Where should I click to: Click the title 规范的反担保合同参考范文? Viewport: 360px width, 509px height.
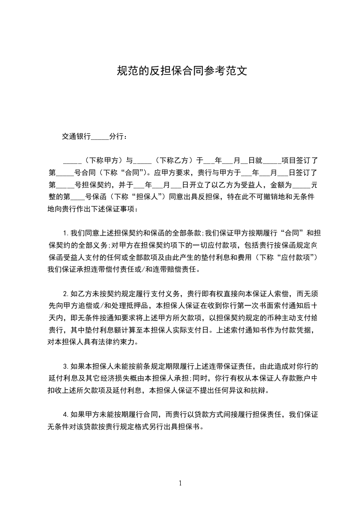182,71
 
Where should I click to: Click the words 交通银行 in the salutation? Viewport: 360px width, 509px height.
76,136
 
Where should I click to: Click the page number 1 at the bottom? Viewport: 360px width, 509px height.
180,483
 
